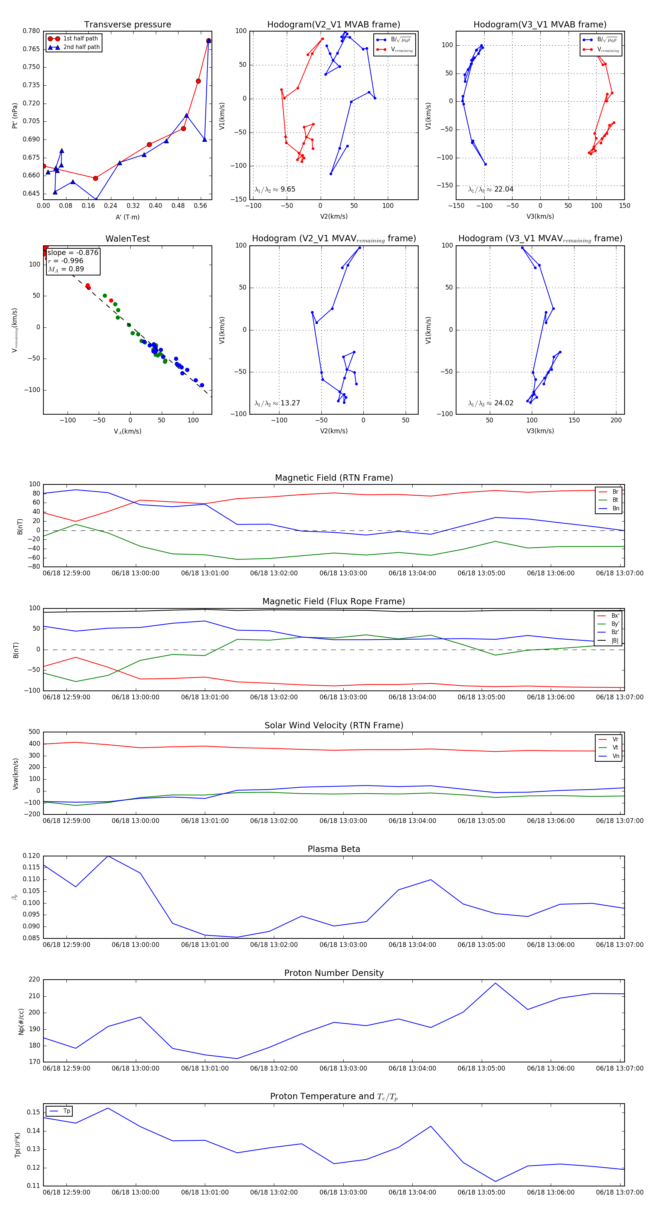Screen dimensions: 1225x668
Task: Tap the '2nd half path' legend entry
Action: (x=81, y=47)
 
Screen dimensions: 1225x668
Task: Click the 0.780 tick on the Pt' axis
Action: (x=32, y=31)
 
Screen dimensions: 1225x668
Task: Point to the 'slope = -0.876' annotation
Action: (x=73, y=252)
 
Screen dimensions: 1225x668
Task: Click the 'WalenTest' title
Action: (x=127, y=239)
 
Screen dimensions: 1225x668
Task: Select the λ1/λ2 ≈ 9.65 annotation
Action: (x=275, y=189)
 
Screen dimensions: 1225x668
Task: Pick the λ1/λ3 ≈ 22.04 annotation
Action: (x=491, y=189)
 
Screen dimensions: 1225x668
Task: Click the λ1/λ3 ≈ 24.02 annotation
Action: (x=491, y=403)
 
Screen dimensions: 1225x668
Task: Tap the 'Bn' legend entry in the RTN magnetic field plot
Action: (x=615, y=508)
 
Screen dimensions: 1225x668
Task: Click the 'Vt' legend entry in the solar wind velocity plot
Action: (x=615, y=748)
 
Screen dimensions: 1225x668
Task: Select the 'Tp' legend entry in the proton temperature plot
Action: (x=66, y=1111)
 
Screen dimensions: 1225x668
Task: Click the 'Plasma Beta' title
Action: (x=334, y=849)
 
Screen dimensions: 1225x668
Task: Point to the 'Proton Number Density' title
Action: (x=334, y=973)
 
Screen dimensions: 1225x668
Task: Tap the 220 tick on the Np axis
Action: (x=34, y=980)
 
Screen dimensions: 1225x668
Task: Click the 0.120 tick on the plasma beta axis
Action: (x=32, y=856)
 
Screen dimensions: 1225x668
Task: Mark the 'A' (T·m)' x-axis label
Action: (x=127, y=217)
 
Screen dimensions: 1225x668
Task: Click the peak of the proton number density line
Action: (x=495, y=983)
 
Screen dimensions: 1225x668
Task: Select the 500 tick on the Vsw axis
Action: (x=34, y=732)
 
